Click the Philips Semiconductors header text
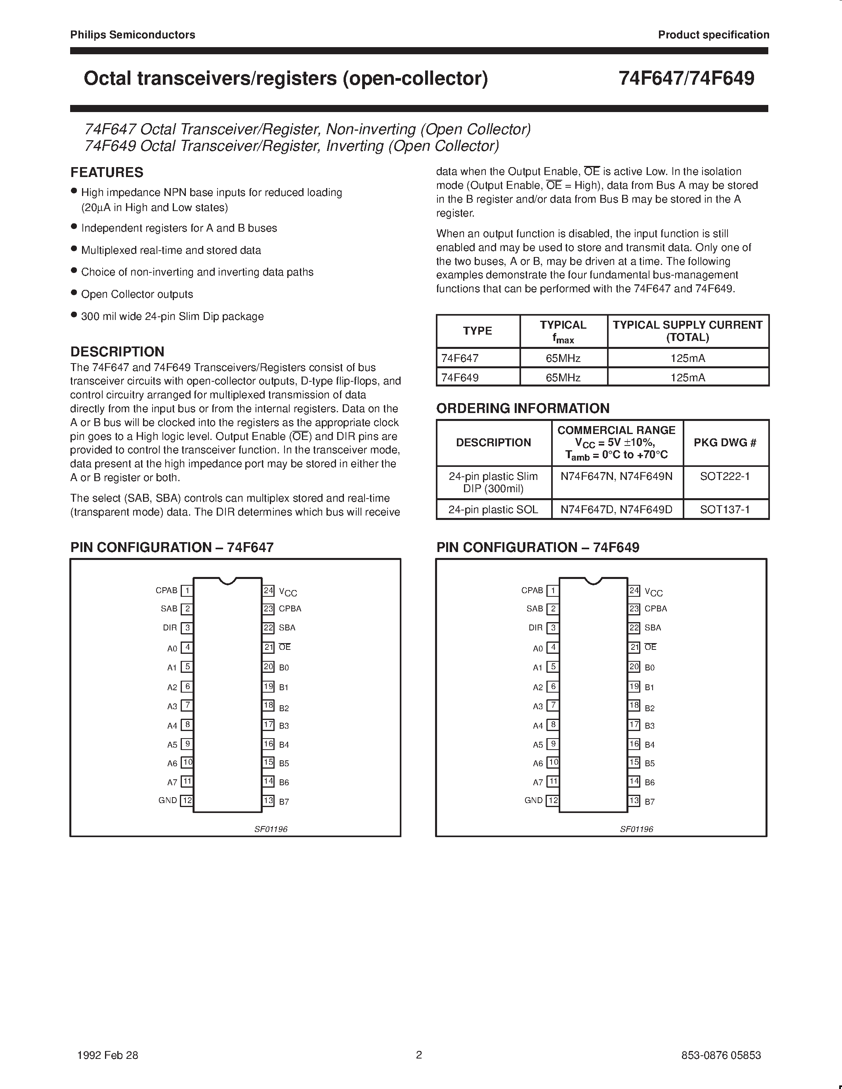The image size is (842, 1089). [132, 35]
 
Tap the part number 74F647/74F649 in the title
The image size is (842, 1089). [686, 79]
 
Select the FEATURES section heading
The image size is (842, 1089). [107, 173]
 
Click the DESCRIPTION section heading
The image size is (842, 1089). [117, 352]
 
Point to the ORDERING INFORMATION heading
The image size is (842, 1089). [523, 408]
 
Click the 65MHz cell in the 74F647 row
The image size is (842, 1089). [563, 358]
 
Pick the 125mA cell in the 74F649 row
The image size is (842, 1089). [688, 377]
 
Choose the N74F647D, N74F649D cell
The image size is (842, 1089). [617, 510]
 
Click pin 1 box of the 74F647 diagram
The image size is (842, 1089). [187, 591]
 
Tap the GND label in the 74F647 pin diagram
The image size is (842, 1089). [168, 800]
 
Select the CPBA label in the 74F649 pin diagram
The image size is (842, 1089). [655, 609]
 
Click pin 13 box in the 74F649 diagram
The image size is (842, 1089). [634, 801]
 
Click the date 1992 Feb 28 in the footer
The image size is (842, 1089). [108, 1055]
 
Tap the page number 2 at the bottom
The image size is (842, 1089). [419, 1055]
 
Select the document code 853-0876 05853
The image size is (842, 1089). [721, 1055]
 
